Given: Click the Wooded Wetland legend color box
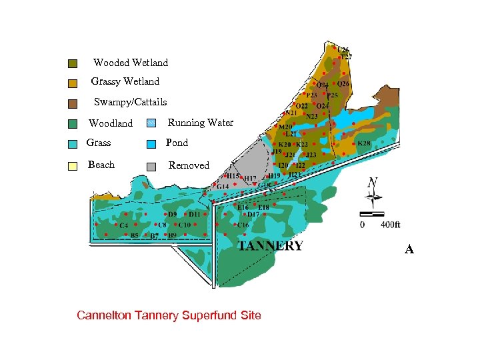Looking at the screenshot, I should click(73, 63).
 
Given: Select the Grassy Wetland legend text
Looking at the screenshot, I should click(125, 81).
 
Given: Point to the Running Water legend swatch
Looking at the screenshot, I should click(151, 123).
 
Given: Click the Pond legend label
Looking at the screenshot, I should click(177, 143).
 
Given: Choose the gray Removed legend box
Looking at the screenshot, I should click(151, 166).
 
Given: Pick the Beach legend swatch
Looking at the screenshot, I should click(73, 166).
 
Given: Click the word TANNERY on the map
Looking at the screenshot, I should click(271, 246).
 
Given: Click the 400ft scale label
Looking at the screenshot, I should click(391, 225).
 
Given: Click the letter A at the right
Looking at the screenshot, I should click(409, 249).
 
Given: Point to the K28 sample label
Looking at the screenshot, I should click(364, 143).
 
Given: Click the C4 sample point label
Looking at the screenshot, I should click(123, 225).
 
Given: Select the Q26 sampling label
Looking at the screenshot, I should click(343, 84).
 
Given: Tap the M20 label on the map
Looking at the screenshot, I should click(285, 127).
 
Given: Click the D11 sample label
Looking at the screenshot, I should click(194, 215).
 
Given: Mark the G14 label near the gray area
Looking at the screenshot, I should click(222, 186).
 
